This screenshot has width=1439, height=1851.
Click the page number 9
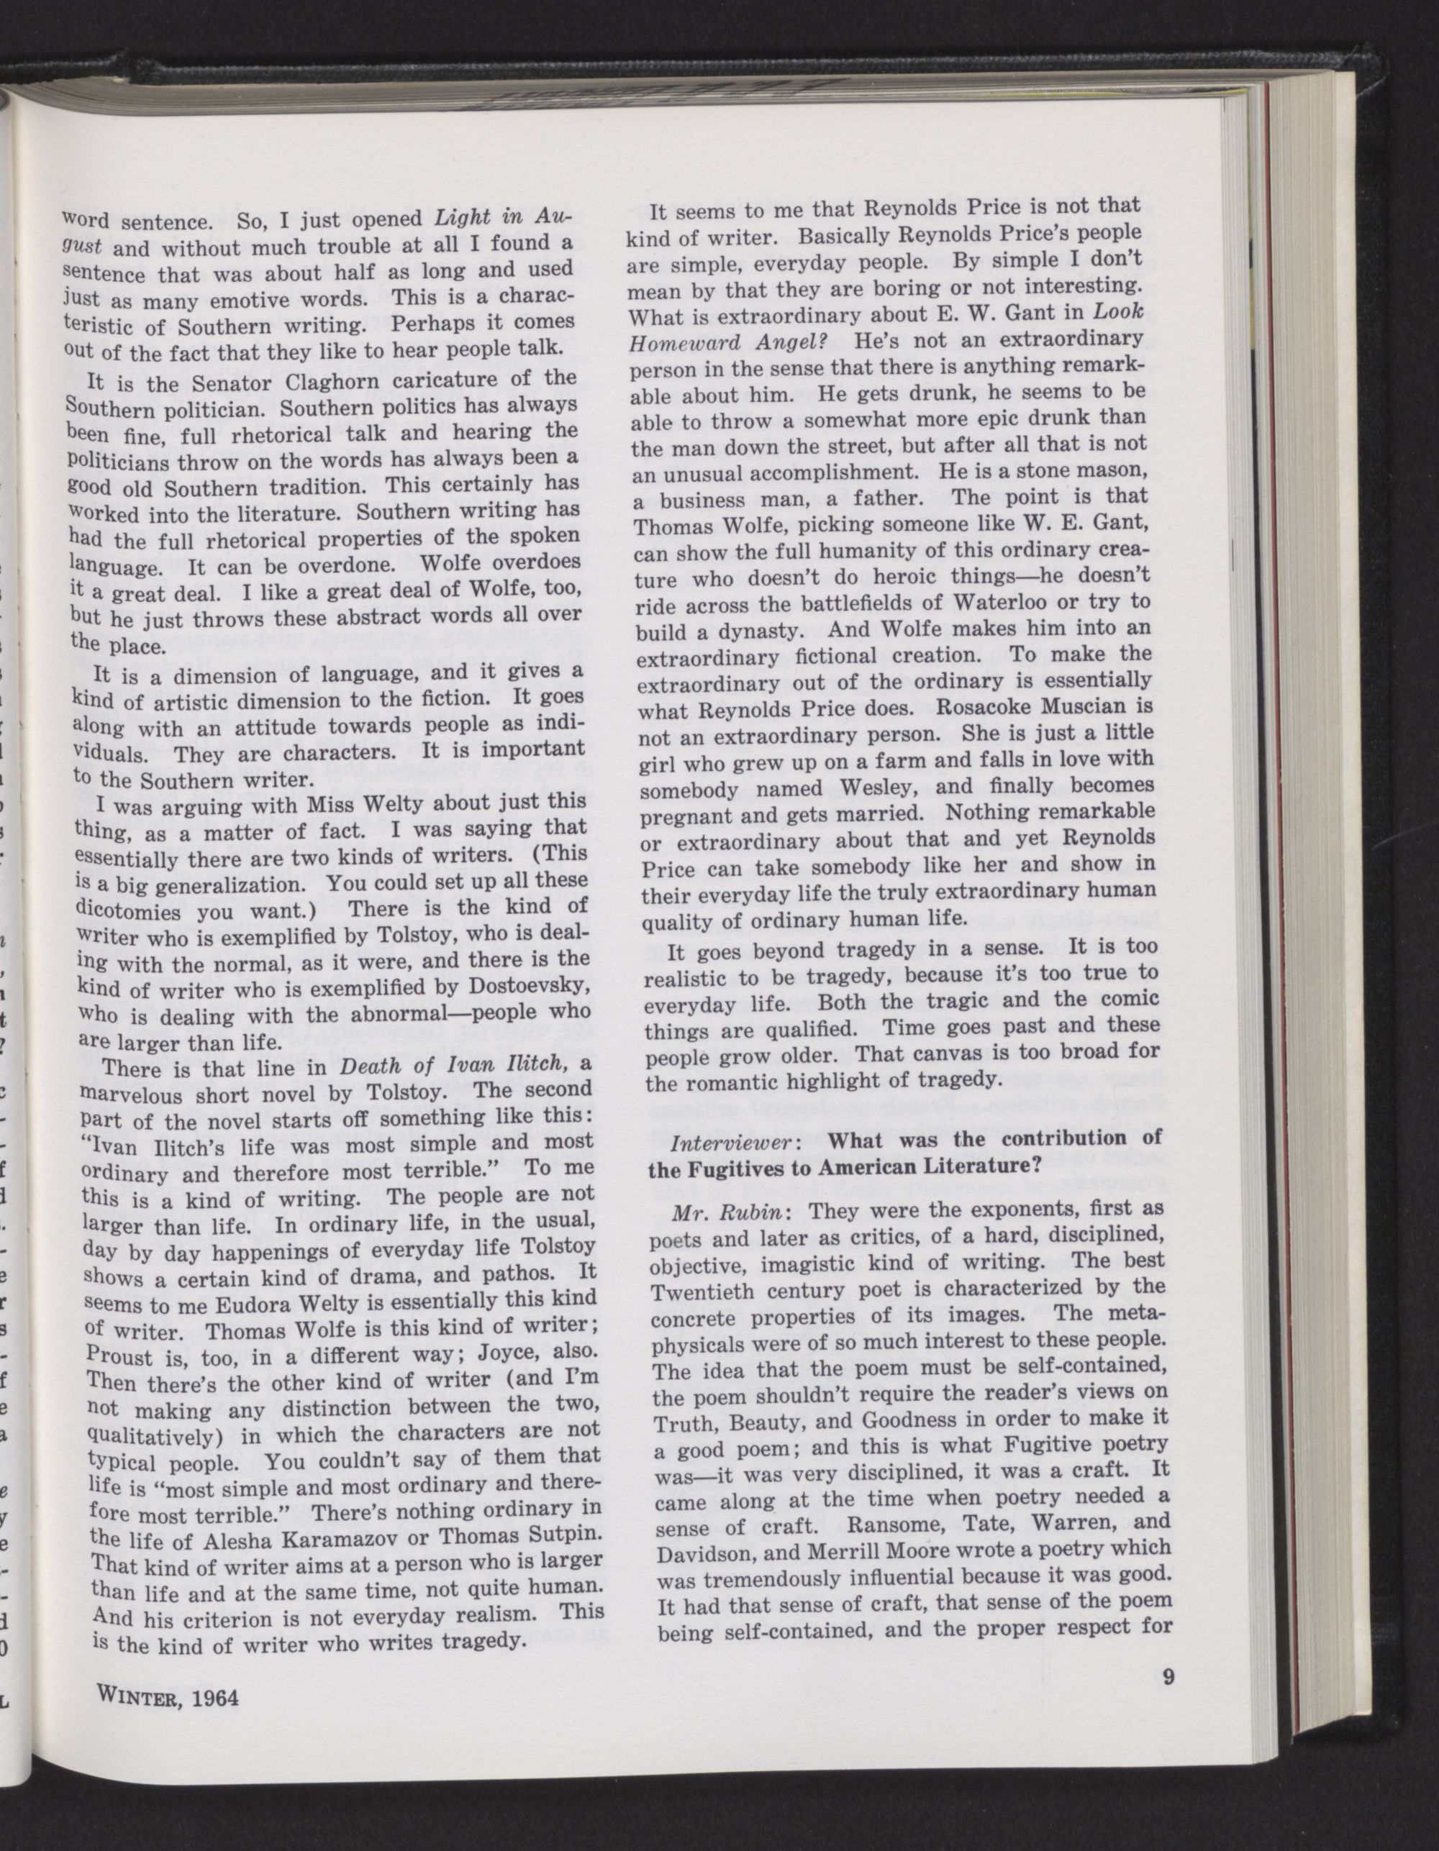click(x=1168, y=1678)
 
